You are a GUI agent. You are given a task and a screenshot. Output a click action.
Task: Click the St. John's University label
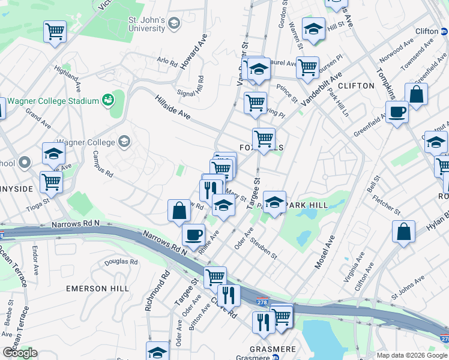(146, 24)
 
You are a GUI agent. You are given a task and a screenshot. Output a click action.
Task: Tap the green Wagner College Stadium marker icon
(109, 100)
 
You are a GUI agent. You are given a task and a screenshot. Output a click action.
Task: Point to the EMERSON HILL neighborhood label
(97, 289)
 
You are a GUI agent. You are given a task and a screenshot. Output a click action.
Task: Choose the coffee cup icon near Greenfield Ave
(397, 112)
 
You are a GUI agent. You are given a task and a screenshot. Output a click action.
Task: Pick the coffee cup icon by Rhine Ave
(193, 235)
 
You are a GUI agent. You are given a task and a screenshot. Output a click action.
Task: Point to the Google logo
(20, 353)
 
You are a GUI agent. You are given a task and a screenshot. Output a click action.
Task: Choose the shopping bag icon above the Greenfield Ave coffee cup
(416, 94)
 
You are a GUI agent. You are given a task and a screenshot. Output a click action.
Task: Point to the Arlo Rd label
(167, 61)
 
